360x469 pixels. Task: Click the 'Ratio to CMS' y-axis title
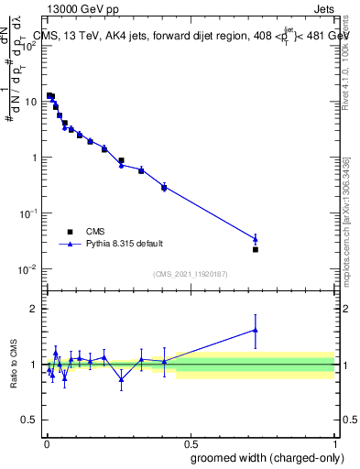[13, 365]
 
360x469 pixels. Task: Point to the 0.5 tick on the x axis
[191, 439]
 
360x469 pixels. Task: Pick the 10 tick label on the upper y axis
[30, 102]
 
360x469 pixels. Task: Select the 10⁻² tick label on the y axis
[27, 268]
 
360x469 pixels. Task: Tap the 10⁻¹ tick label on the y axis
[27, 213]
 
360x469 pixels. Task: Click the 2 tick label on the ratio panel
[35, 309]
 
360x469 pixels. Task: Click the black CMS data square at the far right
[256, 249]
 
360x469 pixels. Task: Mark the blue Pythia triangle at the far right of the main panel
[256, 239]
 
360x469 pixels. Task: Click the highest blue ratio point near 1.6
[256, 330]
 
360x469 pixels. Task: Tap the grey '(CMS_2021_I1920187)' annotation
[190, 273]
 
